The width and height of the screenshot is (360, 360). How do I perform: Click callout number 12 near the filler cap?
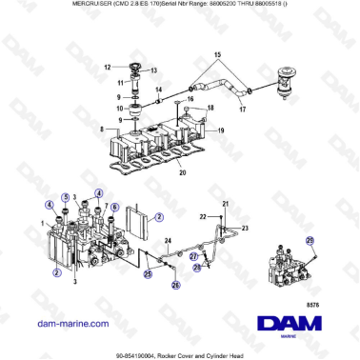pyautogui.click(x=108, y=67)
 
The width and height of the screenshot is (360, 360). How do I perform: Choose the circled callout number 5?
pyautogui.click(x=65, y=198)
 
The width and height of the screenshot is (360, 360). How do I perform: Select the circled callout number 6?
pyautogui.click(x=115, y=207)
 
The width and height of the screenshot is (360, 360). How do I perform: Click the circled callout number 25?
pyautogui.click(x=148, y=274)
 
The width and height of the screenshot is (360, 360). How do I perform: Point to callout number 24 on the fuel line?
pyautogui.click(x=168, y=240)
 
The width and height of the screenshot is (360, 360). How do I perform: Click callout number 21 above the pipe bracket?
pyautogui.click(x=225, y=206)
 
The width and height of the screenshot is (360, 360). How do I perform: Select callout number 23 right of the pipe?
pyautogui.click(x=245, y=229)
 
